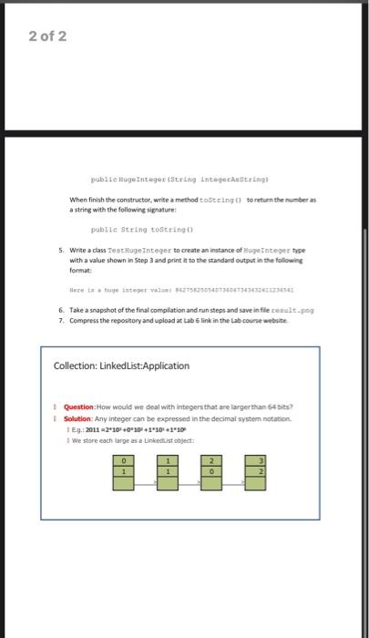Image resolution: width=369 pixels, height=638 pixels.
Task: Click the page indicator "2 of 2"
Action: point(40,36)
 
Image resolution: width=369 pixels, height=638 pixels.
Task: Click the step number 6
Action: point(60,310)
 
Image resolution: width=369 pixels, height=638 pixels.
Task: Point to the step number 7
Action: point(60,321)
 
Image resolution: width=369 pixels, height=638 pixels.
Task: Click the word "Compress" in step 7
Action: point(83,321)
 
